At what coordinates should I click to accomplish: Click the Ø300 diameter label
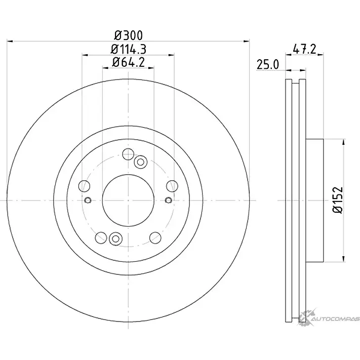129,35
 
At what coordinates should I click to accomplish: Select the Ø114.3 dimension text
129,49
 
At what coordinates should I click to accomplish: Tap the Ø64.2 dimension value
129,62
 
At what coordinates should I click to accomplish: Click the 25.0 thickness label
268,64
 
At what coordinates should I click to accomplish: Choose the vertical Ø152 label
338,200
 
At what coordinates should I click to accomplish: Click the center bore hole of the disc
128,200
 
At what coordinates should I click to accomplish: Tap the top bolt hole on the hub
128,154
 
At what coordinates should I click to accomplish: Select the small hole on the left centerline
88,200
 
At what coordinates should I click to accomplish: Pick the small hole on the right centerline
169,200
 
